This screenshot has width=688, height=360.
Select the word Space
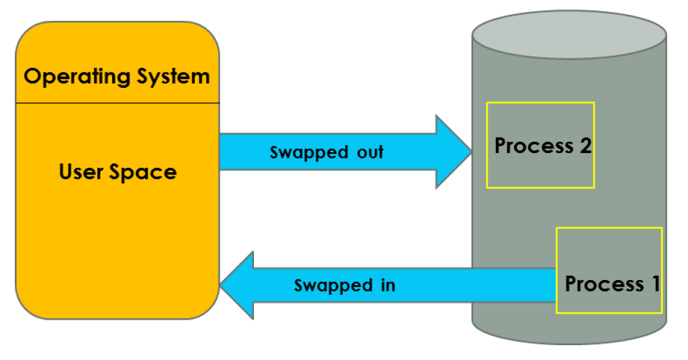[x=143, y=172]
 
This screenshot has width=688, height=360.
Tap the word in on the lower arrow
[x=386, y=285]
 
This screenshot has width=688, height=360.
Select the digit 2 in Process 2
[x=585, y=146]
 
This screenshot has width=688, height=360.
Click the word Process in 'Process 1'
[x=604, y=283]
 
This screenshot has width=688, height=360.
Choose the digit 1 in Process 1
[x=653, y=283]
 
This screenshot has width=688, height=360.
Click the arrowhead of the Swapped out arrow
[x=454, y=151]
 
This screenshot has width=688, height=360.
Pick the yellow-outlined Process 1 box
[x=609, y=249]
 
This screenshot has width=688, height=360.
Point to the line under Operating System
[x=118, y=103]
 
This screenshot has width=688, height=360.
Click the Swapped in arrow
[x=403, y=285]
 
